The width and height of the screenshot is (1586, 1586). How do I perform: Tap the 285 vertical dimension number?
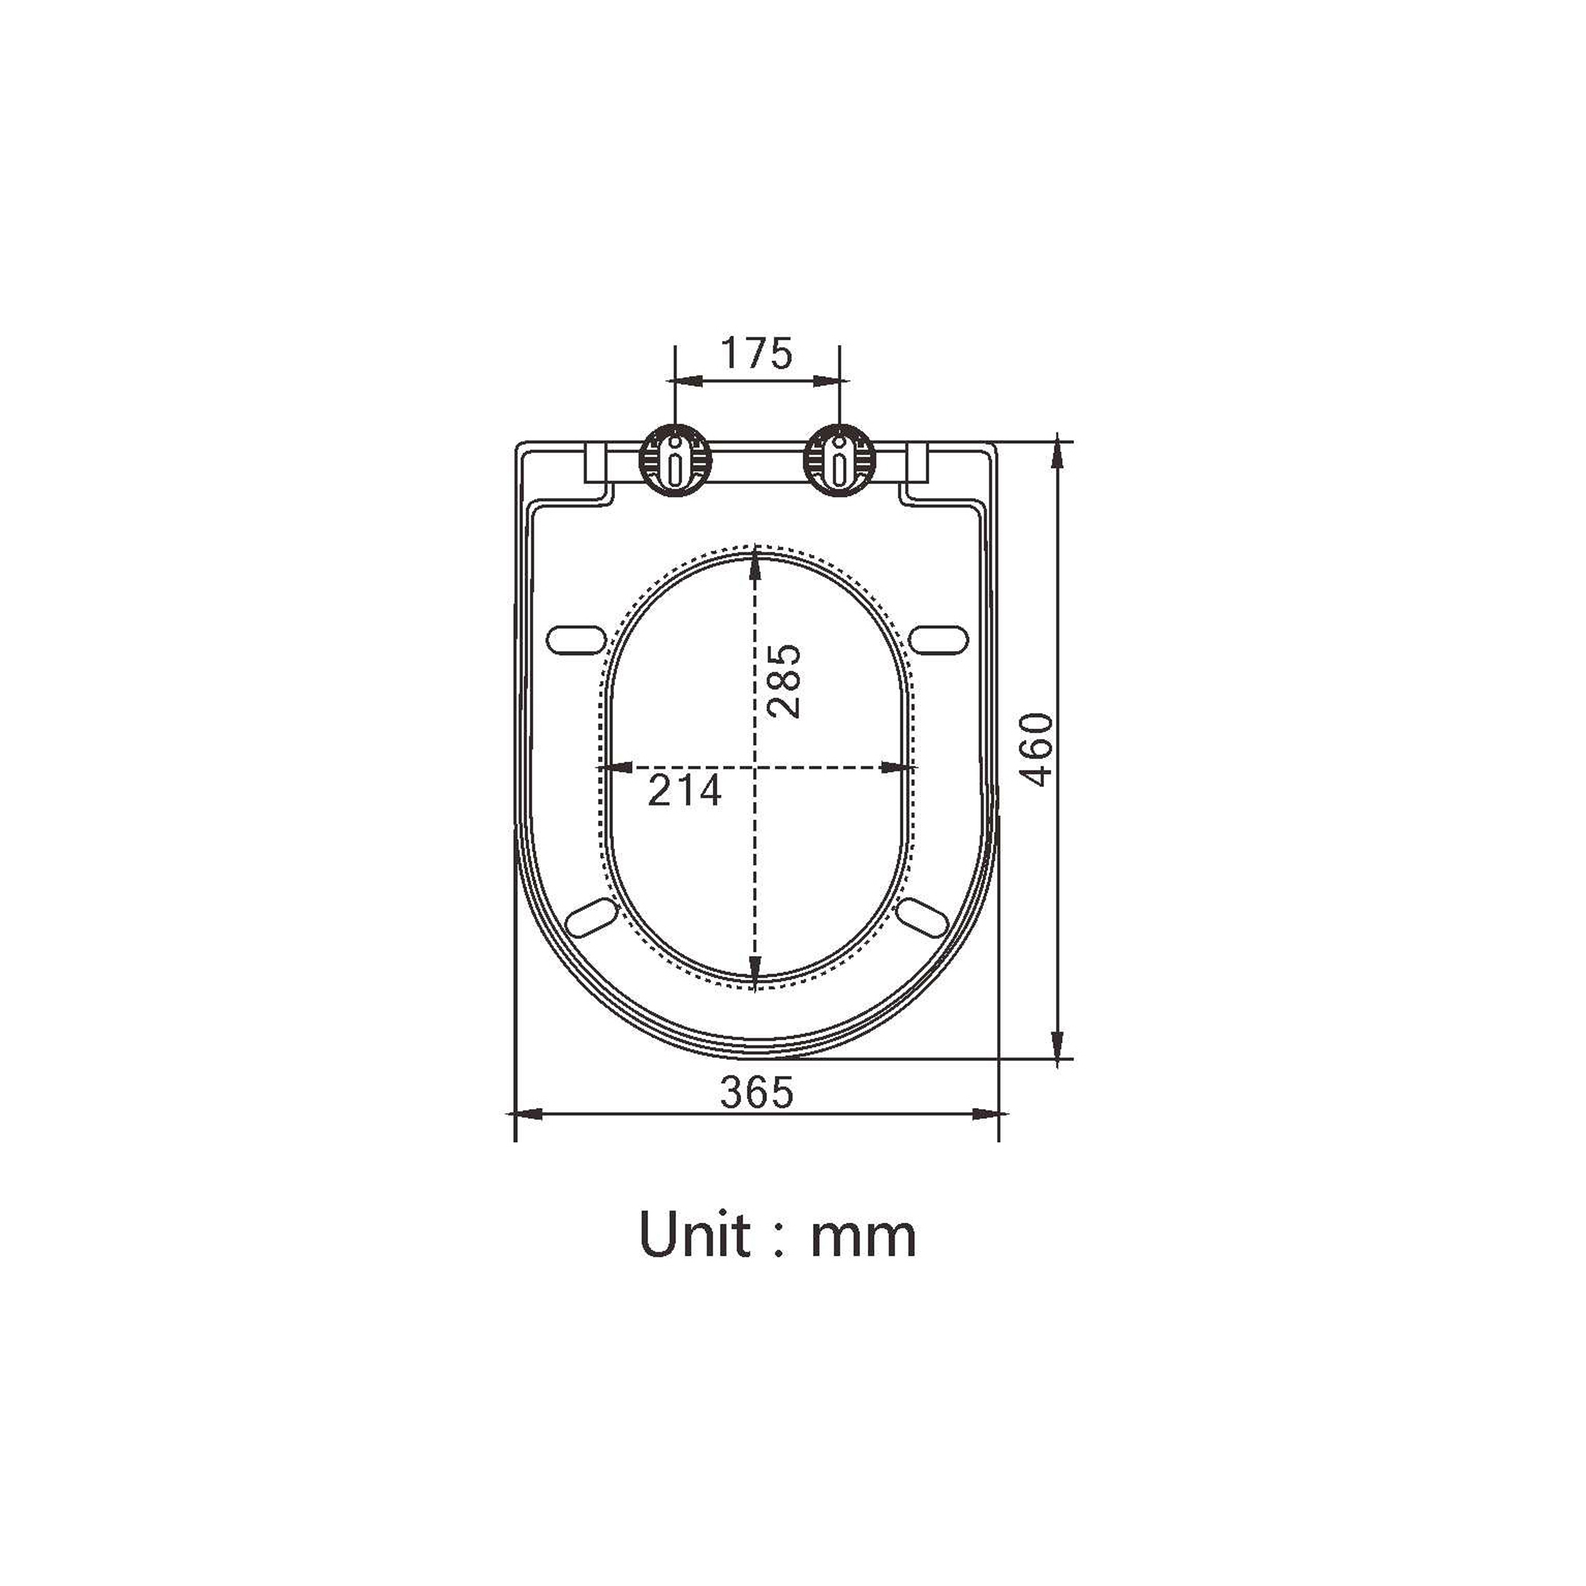point(782,681)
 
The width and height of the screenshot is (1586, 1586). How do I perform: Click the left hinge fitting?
point(675,461)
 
